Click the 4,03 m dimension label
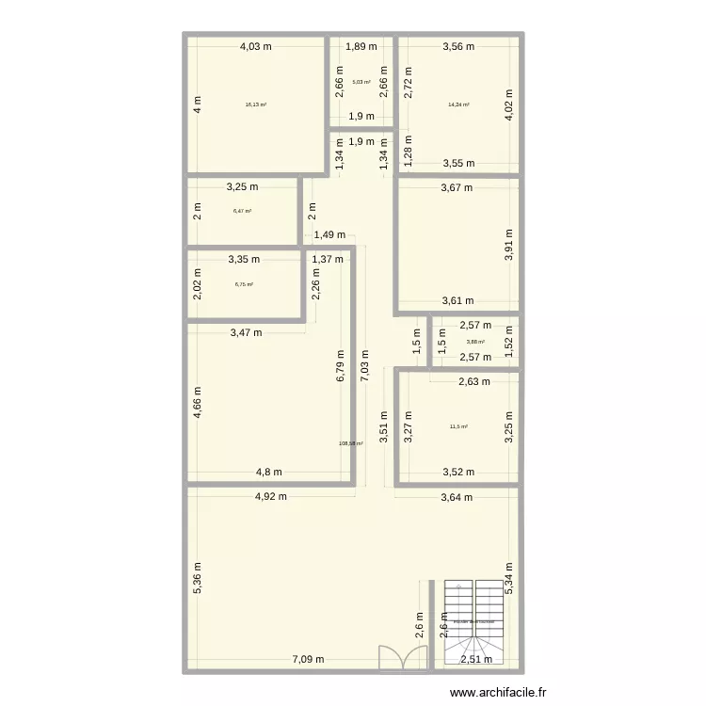(255, 45)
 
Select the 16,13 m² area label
(255, 105)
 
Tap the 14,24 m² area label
(458, 105)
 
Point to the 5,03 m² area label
(361, 82)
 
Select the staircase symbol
(474, 620)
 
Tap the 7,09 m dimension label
(307, 660)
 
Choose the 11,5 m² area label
(458, 426)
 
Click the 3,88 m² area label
(475, 342)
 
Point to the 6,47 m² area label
(242, 211)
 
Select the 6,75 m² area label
(244, 284)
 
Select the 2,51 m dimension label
(476, 660)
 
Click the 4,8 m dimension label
(271, 473)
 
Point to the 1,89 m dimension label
(361, 45)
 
